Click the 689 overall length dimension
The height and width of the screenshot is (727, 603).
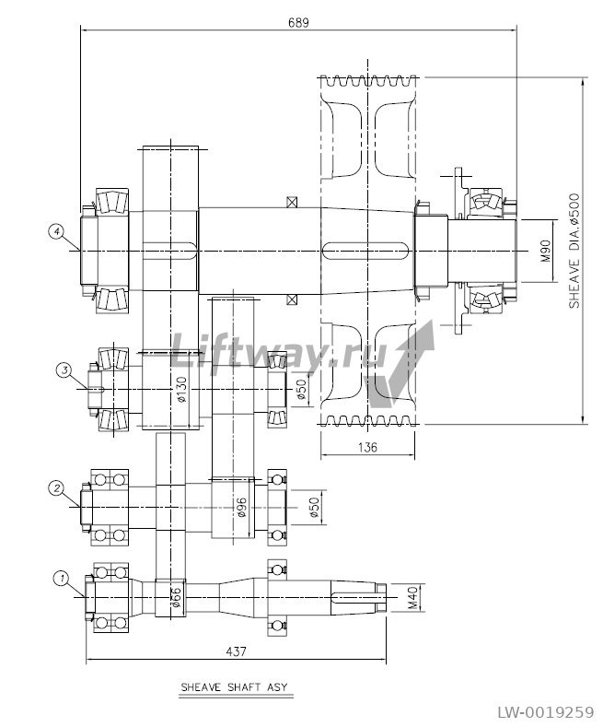[x=298, y=22]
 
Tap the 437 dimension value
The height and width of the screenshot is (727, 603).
[x=237, y=651]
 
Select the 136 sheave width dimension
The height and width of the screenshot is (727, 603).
[x=367, y=447]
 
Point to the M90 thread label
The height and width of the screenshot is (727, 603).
[x=547, y=251]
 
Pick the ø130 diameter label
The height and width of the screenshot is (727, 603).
[x=182, y=390]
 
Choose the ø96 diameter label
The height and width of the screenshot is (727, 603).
[x=241, y=506]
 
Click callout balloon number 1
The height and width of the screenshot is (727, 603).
[x=61, y=578]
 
